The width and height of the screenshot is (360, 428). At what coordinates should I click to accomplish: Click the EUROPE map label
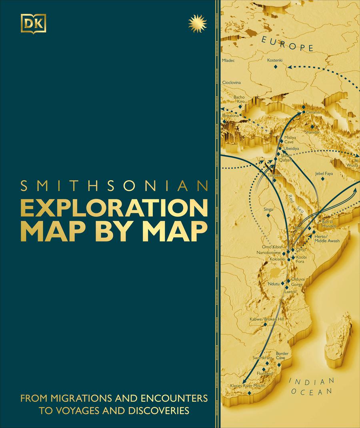(x=287, y=44)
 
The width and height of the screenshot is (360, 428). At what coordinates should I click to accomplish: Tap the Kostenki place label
(x=275, y=60)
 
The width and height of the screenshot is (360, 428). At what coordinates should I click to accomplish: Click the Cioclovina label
(x=232, y=82)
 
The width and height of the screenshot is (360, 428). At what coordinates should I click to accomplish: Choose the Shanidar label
(x=312, y=132)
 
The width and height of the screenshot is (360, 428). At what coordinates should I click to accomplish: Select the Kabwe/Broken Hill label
(x=266, y=319)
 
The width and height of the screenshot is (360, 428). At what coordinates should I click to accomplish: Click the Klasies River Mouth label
(x=248, y=386)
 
